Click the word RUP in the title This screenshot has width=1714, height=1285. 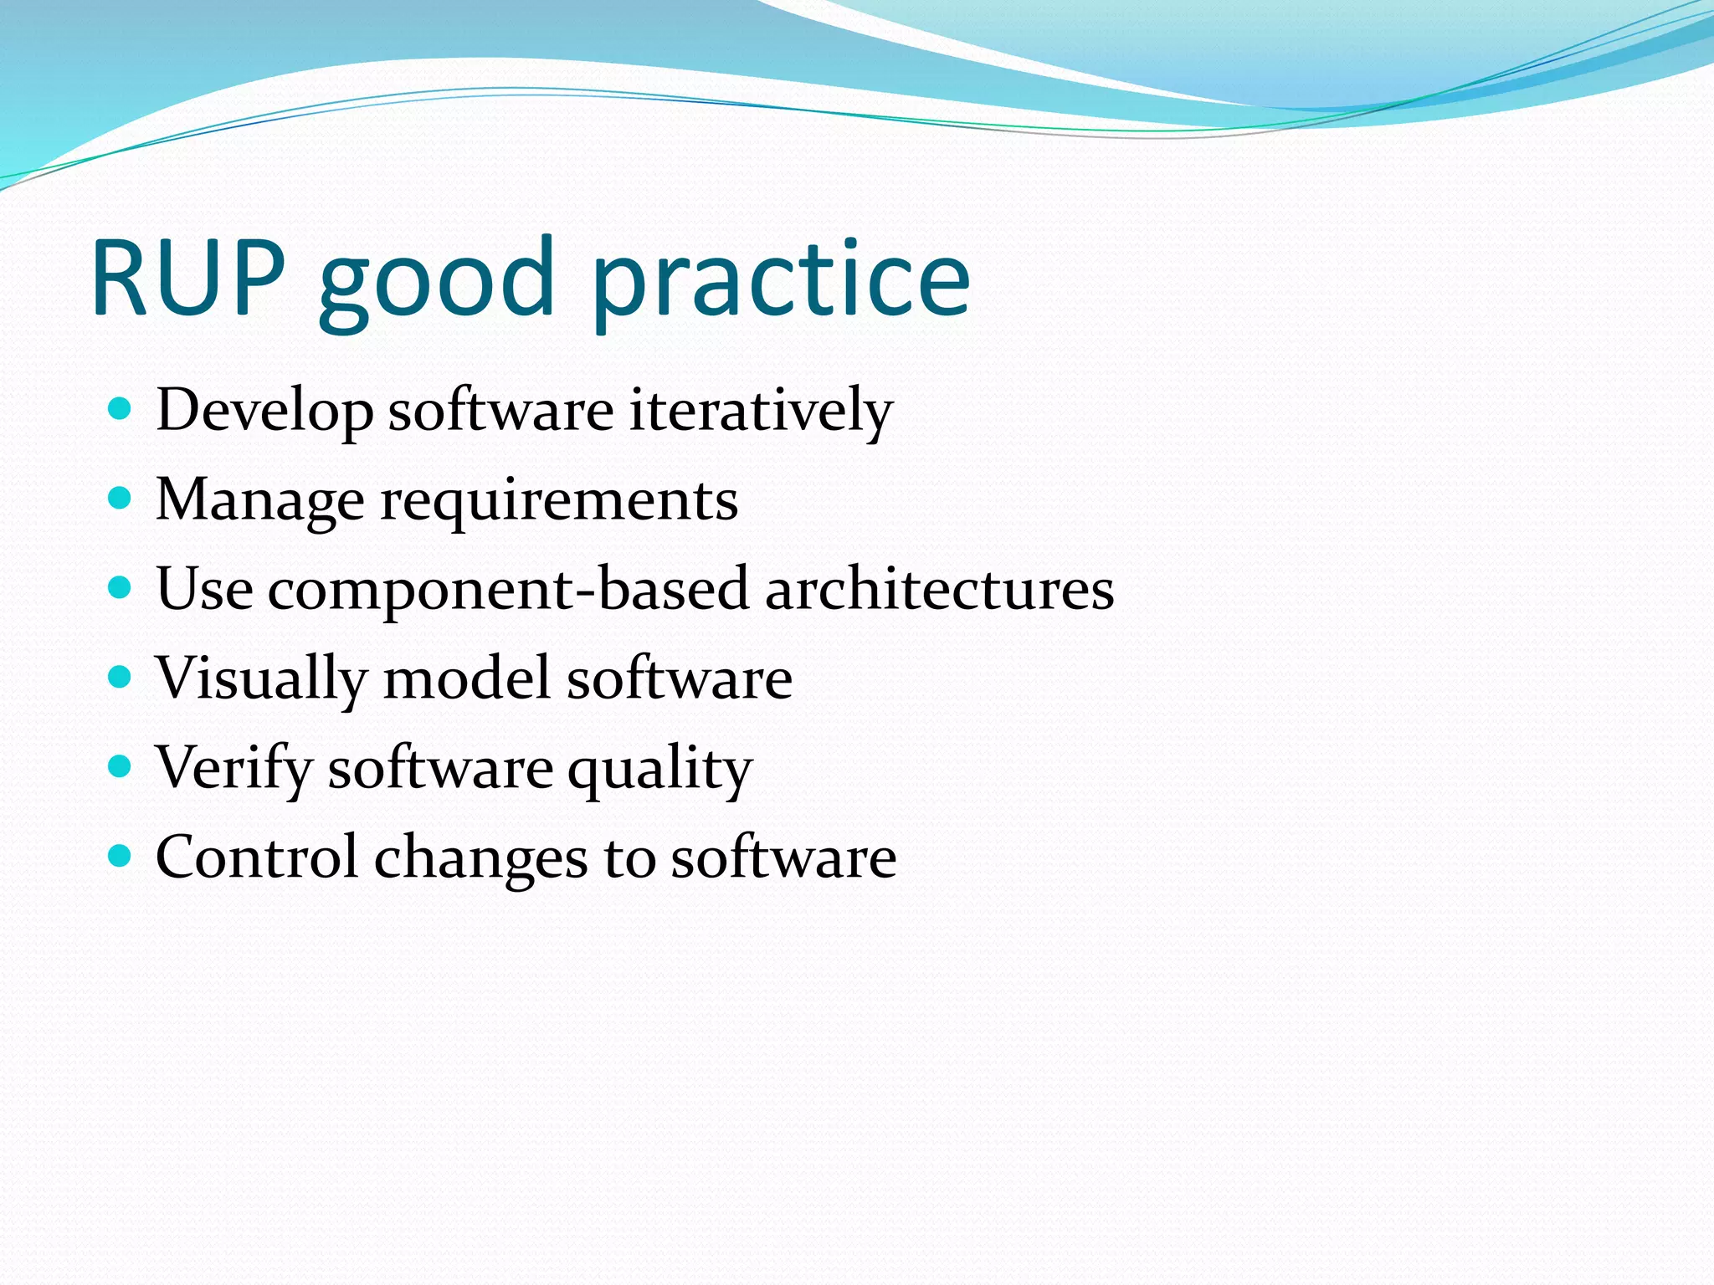click(188, 278)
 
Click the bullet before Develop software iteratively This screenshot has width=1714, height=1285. click(121, 409)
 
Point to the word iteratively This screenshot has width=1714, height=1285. click(761, 411)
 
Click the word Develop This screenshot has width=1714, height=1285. click(264, 411)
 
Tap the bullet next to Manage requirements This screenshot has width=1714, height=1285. click(121, 499)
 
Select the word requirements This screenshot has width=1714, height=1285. click(559, 501)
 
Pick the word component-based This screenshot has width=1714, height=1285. click(508, 589)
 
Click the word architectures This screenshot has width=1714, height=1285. click(939, 589)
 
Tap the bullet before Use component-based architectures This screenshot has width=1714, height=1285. click(121, 588)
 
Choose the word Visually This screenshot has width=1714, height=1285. click(261, 678)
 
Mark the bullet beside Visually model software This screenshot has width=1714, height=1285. click(121, 677)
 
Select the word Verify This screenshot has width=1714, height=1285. click(233, 768)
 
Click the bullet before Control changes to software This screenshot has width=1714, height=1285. click(121, 856)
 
